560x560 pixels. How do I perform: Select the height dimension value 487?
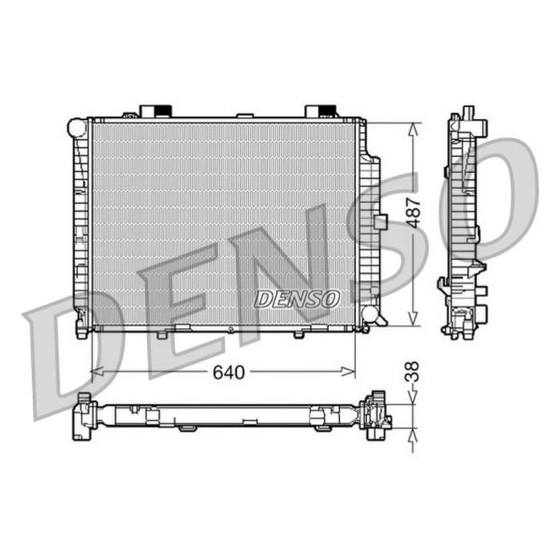click(x=413, y=213)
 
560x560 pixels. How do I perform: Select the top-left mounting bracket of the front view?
click(x=155, y=110)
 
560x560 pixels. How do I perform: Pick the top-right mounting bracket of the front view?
click(x=320, y=110)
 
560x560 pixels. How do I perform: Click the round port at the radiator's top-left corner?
click(x=78, y=127)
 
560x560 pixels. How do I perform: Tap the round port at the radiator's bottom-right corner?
click(x=370, y=313)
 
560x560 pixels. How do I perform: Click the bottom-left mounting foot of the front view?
click(x=82, y=328)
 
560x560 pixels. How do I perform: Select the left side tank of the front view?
click(x=80, y=224)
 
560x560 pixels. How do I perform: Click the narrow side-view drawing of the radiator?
click(x=465, y=224)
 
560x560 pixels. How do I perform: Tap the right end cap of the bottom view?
click(x=376, y=415)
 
